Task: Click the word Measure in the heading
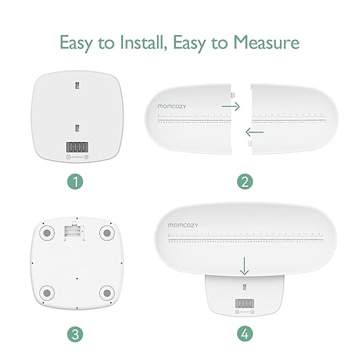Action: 266,43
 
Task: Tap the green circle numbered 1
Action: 77,182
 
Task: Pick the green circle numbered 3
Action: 77,335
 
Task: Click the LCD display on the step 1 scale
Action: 77,147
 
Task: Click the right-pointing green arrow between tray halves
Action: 230,107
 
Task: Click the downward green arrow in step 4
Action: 243,264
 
